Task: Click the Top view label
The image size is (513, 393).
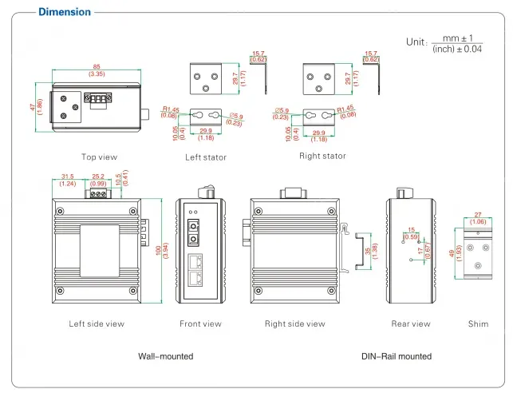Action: (100, 157)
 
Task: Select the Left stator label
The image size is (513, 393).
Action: (206, 157)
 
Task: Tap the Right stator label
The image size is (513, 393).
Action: (322, 156)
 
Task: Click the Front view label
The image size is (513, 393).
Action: (200, 324)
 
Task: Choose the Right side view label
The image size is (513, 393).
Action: (295, 324)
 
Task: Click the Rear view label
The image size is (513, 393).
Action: (411, 324)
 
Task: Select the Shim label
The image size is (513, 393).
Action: (479, 324)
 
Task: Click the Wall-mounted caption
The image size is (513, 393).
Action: (166, 356)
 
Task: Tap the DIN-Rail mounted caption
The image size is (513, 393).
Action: (396, 356)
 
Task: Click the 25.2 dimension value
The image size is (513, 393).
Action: (99, 177)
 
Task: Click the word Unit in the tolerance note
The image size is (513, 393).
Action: (416, 42)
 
